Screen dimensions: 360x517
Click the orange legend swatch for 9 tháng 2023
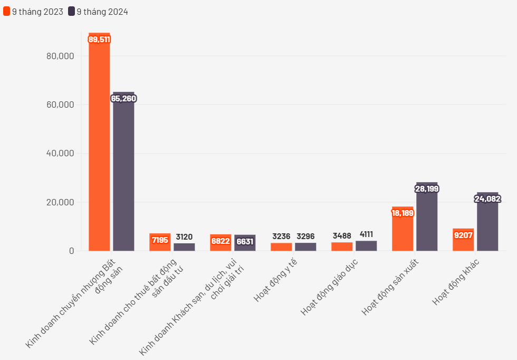click(x=6, y=12)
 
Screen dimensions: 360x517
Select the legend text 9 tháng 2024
click(x=102, y=12)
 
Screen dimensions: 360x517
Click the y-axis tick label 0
click(x=71, y=251)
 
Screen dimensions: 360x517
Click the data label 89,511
click(x=99, y=40)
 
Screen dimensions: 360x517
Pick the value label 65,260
click(x=123, y=99)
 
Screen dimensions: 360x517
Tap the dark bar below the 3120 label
click(x=184, y=247)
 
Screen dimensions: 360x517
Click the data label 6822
click(x=221, y=241)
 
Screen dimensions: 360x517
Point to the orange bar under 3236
click(x=281, y=247)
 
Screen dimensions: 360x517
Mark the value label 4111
click(x=366, y=234)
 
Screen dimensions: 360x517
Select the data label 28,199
click(x=427, y=188)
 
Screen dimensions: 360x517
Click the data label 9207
click(x=463, y=235)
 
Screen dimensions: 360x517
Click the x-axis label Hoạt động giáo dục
click(x=329, y=288)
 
